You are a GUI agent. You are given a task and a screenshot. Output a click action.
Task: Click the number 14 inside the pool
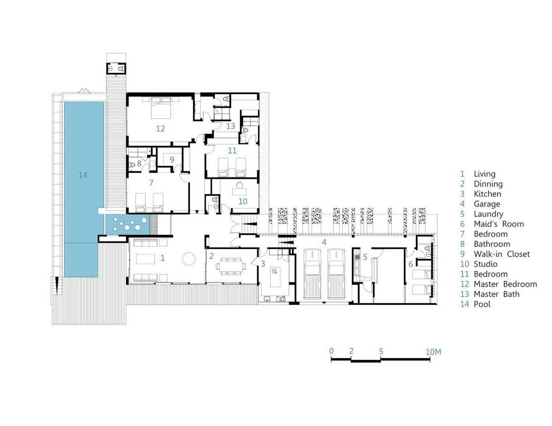coord(83,175)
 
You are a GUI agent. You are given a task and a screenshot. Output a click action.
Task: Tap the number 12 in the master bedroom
coord(160,129)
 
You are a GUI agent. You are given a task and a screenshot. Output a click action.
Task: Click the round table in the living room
coord(189,259)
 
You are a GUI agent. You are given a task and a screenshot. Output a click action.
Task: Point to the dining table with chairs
coord(231,266)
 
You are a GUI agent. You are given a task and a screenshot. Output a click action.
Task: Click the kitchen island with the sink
coord(275,277)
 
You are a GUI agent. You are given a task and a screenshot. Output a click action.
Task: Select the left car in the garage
coord(312,274)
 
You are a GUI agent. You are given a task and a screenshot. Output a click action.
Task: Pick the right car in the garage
coord(336,274)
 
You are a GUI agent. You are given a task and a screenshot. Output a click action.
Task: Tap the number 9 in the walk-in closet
coord(172,160)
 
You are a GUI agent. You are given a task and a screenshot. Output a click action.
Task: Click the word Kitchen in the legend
coord(487,194)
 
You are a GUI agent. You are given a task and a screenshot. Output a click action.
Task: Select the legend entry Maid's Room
coord(499,224)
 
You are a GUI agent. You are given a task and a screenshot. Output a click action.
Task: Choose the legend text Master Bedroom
coord(505,284)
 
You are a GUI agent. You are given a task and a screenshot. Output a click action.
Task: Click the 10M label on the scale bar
coord(434,352)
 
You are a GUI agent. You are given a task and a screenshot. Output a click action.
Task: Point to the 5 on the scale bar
coord(381,351)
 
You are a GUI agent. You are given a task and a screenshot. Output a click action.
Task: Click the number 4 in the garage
coord(324,242)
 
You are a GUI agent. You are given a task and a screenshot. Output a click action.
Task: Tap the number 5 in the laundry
coord(365,257)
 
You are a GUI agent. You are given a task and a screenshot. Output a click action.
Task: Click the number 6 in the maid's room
coord(411,264)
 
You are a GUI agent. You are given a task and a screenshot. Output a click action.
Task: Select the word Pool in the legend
coord(482,304)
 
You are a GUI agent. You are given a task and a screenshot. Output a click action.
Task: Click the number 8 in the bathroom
coord(139,164)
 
